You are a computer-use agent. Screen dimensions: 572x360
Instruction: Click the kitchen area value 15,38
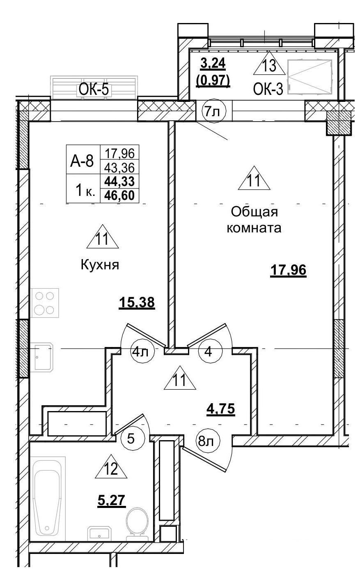[136, 303]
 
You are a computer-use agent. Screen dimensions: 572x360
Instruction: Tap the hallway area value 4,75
[220, 410]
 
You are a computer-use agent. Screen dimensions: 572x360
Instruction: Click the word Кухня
[100, 265]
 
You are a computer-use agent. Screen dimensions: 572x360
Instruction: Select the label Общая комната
[254, 220]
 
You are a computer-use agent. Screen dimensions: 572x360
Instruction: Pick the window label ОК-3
[268, 89]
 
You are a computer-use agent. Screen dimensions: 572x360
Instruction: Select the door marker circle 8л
[208, 442]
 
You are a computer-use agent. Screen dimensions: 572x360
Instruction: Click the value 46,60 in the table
[119, 194]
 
